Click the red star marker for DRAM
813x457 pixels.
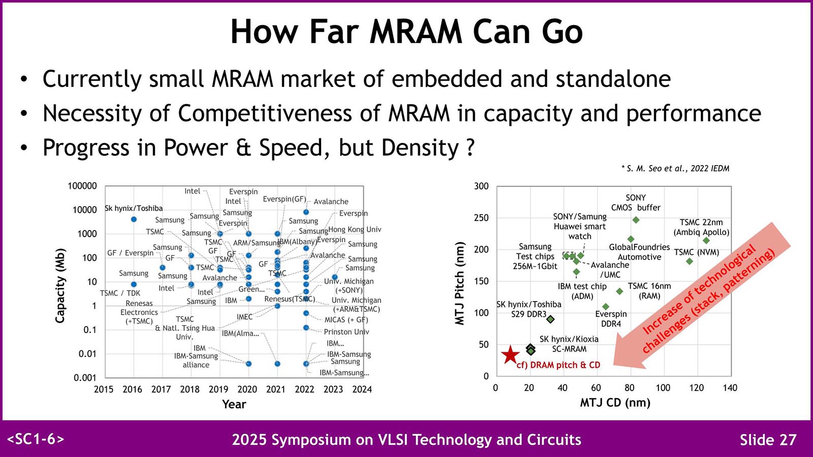point(510,355)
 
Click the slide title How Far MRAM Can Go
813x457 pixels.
point(407,31)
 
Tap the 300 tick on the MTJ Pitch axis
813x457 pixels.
point(481,186)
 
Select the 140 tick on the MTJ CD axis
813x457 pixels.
point(730,388)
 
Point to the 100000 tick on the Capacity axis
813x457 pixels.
point(82,186)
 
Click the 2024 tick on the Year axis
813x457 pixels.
point(362,389)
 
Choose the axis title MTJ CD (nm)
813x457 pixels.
point(615,403)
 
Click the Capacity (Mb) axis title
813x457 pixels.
point(60,285)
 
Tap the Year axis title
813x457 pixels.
point(234,404)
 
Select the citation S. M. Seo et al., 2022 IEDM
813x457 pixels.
point(675,169)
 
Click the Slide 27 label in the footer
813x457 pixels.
point(768,440)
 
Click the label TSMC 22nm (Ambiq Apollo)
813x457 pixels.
point(701,227)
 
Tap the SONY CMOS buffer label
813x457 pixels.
point(636,203)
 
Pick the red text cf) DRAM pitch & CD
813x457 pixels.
point(558,365)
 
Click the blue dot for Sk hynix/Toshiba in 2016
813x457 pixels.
point(134,219)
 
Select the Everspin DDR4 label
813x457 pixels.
point(611,319)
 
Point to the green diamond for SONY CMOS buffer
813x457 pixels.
point(636,220)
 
